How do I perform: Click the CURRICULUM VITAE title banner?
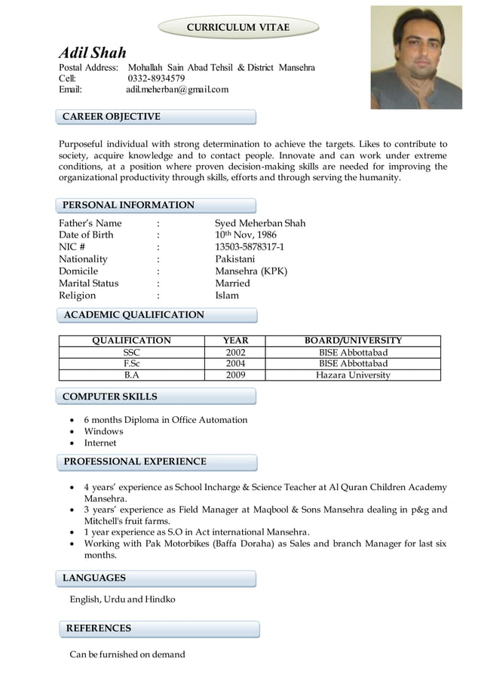(x=237, y=27)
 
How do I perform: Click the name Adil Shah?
(x=93, y=53)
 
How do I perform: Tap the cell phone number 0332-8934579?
(x=156, y=78)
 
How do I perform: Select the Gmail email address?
(x=176, y=90)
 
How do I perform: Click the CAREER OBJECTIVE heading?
(x=111, y=117)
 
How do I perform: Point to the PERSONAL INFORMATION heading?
(x=128, y=205)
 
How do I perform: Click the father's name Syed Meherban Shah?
(x=260, y=223)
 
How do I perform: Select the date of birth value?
(x=246, y=235)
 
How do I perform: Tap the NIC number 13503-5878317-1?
(x=250, y=247)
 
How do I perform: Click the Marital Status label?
(x=88, y=283)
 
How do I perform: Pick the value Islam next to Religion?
(x=227, y=296)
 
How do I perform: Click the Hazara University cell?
(x=353, y=375)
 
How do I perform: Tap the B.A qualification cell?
(x=131, y=375)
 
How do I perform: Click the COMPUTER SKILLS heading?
(x=110, y=396)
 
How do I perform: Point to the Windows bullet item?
(x=103, y=431)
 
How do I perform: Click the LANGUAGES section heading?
(x=94, y=577)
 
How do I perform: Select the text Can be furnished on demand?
(x=127, y=654)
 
